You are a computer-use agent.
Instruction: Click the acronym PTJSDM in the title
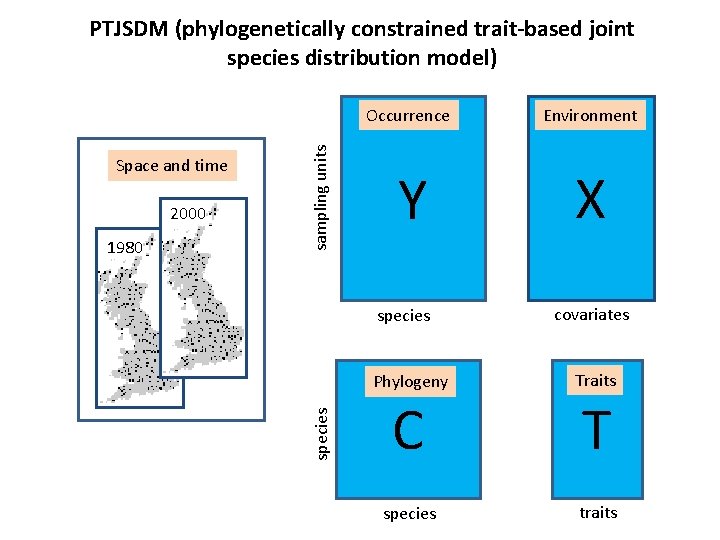[x=129, y=29]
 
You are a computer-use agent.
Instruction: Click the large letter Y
[x=408, y=201]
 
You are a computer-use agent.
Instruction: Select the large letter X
[x=590, y=200]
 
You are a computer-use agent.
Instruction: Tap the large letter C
[x=408, y=432]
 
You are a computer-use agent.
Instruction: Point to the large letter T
[x=596, y=432]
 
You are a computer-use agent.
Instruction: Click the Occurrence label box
[x=408, y=115]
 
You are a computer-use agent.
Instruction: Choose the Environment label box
[x=590, y=115]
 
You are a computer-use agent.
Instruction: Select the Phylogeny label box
[x=410, y=381]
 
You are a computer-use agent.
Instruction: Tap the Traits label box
[x=596, y=380]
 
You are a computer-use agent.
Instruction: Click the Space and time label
[x=172, y=165]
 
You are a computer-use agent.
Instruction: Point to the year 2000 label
[x=188, y=213]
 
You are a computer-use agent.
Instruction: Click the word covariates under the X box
[x=592, y=314]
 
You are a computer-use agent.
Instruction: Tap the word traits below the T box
[x=598, y=512]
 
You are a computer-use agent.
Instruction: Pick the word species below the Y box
[x=404, y=316]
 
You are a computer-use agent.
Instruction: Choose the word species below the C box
[x=410, y=513]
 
